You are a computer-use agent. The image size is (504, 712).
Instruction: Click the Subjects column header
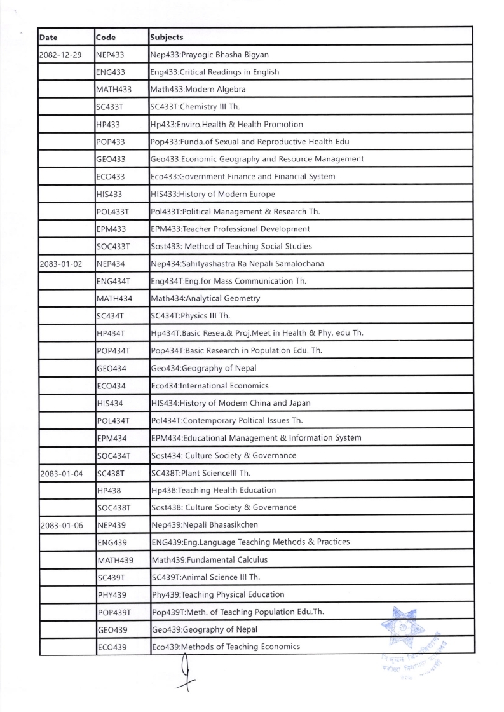tap(167, 37)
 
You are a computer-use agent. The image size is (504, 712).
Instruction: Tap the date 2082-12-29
tap(60, 55)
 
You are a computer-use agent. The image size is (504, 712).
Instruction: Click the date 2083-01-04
tap(60, 472)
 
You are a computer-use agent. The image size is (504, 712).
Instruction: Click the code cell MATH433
tap(114, 90)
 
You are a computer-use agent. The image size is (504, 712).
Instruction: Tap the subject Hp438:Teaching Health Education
tap(213, 490)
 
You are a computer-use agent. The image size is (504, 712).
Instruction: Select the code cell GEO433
tap(110, 159)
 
